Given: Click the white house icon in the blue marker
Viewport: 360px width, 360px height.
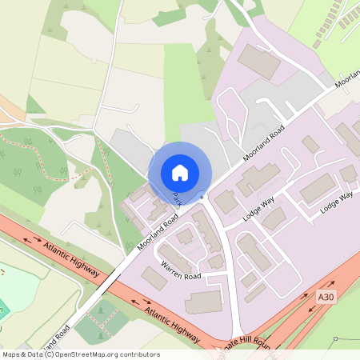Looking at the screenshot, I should (x=179, y=172).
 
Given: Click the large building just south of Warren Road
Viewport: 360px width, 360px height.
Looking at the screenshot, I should (x=203, y=302).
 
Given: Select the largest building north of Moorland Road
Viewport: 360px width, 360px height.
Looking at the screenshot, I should (x=259, y=61).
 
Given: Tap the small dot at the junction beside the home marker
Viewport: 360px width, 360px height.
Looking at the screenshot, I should (x=203, y=195).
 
